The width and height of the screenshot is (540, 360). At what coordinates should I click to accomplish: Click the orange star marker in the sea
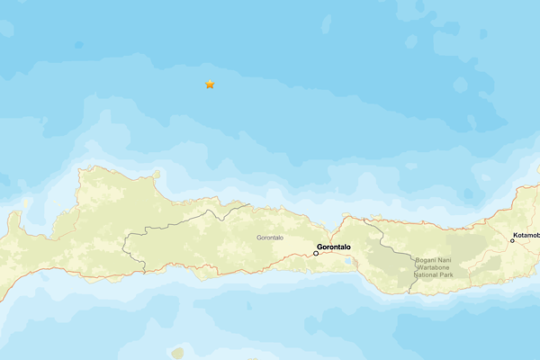click(210, 85)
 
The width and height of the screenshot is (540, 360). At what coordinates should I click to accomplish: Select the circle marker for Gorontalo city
click(316, 253)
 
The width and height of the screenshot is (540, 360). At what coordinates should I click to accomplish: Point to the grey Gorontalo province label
click(270, 238)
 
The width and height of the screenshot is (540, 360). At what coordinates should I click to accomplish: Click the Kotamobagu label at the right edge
click(527, 238)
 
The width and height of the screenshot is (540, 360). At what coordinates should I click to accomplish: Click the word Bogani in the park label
click(426, 261)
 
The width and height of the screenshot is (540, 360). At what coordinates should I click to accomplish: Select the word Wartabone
click(435, 268)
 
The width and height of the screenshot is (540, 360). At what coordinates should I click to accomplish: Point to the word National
click(427, 275)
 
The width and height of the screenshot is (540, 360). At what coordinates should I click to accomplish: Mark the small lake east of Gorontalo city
click(347, 260)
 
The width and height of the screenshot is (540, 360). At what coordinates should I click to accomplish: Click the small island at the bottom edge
click(178, 354)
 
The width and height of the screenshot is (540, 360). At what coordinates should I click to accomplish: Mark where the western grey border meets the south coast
click(144, 267)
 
